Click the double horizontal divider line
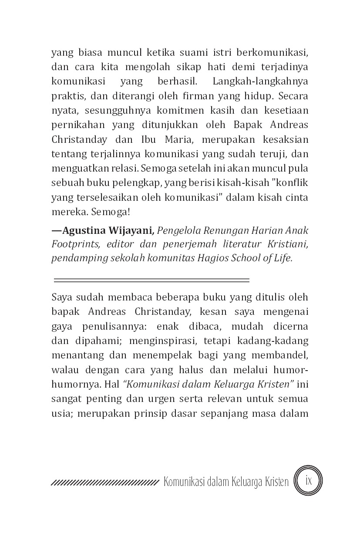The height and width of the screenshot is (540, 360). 151,280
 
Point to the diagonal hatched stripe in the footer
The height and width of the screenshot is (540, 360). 104,483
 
